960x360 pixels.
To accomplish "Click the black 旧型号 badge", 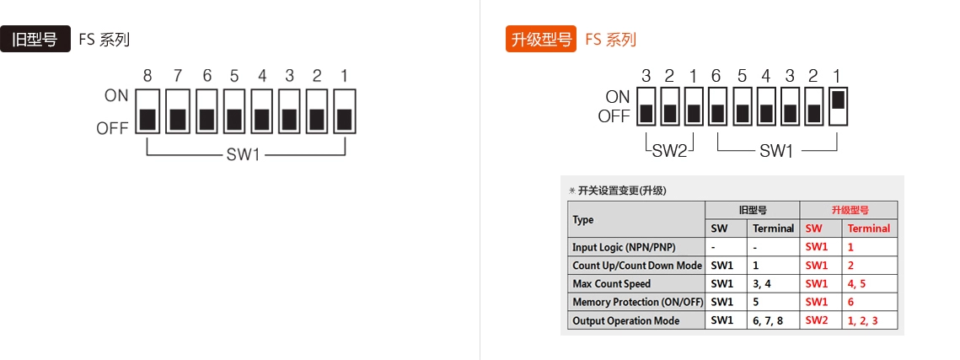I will coord(35,40).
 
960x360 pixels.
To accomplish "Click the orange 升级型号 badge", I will coord(540,40).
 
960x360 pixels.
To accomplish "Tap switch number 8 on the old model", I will coord(147,110).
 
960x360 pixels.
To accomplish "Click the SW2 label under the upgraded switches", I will coord(670,151).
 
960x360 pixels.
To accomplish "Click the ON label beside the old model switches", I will coord(116,96).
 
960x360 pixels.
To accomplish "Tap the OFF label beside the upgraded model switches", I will coord(614,117).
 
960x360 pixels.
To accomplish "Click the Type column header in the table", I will coord(583,219).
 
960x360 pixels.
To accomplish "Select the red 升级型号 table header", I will coord(849,210).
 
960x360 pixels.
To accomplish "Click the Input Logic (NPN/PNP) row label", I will coord(624,247).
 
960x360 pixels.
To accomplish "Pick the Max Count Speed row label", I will coord(611,283).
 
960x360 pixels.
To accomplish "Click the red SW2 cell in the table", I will coord(817,320).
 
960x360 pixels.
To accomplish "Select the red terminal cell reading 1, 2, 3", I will coord(862,320).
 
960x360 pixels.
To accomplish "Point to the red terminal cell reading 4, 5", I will coord(856,283).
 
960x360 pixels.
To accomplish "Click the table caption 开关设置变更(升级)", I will coord(622,191).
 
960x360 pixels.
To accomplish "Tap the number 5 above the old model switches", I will coord(233,76).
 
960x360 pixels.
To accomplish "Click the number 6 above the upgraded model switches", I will coord(716,76).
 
